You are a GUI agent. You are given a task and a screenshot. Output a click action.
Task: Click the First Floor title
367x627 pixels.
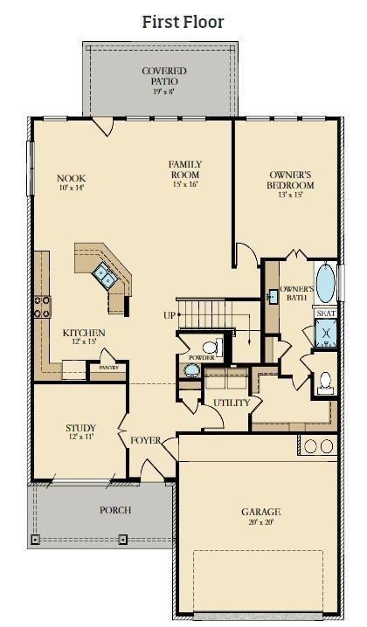tap(183, 21)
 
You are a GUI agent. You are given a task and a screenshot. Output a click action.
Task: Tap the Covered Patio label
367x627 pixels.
tap(159, 76)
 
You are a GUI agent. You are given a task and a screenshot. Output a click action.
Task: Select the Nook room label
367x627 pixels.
tap(72, 178)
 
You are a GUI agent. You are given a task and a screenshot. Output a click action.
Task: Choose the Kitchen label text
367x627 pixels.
tap(84, 333)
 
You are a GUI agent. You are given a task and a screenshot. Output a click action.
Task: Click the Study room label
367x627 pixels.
tap(80, 428)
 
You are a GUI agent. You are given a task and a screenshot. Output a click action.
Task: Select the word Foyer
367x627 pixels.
tap(146, 440)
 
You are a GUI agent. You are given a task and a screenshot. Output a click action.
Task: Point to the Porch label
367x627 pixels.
tap(115, 510)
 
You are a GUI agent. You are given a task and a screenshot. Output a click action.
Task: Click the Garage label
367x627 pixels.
tap(261, 512)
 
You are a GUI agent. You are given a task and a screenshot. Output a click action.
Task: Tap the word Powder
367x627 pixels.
tap(196, 358)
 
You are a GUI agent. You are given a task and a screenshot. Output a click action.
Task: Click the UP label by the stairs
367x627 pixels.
tap(169, 314)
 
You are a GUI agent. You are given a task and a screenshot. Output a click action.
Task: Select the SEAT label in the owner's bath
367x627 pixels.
tap(326, 313)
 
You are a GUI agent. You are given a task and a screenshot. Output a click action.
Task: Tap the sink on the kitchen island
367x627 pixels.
tap(105, 277)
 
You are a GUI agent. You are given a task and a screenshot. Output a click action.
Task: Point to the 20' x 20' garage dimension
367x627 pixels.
tap(261, 522)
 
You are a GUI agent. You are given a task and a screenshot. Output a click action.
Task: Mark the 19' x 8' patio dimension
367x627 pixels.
tap(159, 91)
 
